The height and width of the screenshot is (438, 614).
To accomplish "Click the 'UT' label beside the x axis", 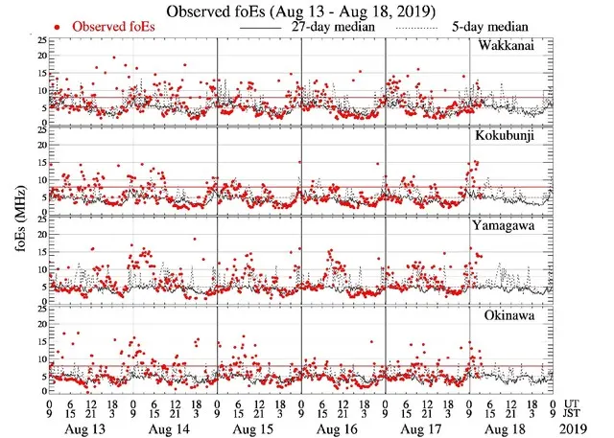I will pos(574,400).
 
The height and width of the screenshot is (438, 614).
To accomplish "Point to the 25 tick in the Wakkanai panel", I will pos(40,40).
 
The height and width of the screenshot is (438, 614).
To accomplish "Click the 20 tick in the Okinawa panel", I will pos(40,324).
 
